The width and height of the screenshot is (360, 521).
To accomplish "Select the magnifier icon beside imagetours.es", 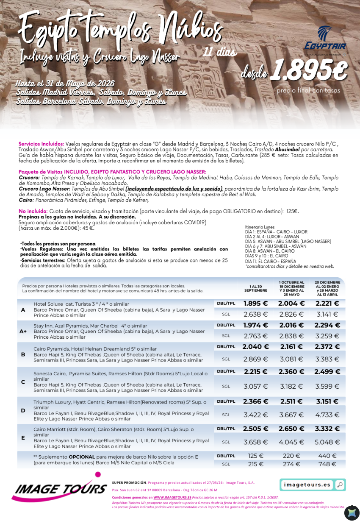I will coord(340,485).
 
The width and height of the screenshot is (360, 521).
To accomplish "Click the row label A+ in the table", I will coord(23,331).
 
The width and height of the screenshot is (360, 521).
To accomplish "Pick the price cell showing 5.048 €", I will coord(327,442).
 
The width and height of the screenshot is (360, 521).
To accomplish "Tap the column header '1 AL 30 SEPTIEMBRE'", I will coord(256,288).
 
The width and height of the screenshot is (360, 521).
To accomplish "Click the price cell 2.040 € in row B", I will coord(256,347).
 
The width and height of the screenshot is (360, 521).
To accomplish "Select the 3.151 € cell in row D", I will coord(327,401).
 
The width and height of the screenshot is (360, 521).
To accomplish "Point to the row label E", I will coord(23,437).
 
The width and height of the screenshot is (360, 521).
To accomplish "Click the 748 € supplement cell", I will coord(327,464).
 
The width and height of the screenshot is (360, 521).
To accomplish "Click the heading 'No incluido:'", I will coord(32,211).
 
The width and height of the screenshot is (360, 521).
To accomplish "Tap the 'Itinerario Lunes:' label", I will coord(259,227).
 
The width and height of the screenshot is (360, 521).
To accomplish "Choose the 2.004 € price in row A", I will coord(291,304).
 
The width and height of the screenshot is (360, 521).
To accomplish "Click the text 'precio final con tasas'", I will coord(308,90).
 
